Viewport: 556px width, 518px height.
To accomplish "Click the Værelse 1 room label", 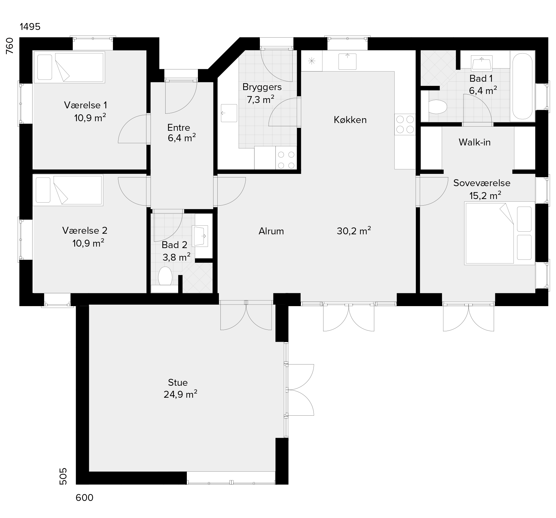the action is point(85,105).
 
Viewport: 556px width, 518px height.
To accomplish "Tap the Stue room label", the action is point(178,382).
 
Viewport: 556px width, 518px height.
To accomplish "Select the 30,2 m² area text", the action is point(354,231).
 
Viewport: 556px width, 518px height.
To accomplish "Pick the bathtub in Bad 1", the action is point(522,86).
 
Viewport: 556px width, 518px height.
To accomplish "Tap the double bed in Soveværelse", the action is point(499,233).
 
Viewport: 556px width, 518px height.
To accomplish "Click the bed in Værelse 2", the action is point(68,190).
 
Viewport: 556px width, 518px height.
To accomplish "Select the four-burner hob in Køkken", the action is point(405,124).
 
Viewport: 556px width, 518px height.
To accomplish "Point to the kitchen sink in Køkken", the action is point(347,61).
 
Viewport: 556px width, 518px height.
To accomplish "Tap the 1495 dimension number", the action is point(30,27).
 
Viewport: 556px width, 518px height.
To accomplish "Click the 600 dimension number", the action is point(84,498).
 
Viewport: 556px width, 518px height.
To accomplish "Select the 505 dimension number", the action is point(63,476).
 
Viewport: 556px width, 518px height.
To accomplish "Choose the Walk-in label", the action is point(475,142).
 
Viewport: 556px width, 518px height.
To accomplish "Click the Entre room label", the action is point(179,128).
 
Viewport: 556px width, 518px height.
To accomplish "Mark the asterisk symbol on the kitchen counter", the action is point(312,61).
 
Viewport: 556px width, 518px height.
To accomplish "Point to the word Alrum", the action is point(271,231).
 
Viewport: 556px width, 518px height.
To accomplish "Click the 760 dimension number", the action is point(10,46).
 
